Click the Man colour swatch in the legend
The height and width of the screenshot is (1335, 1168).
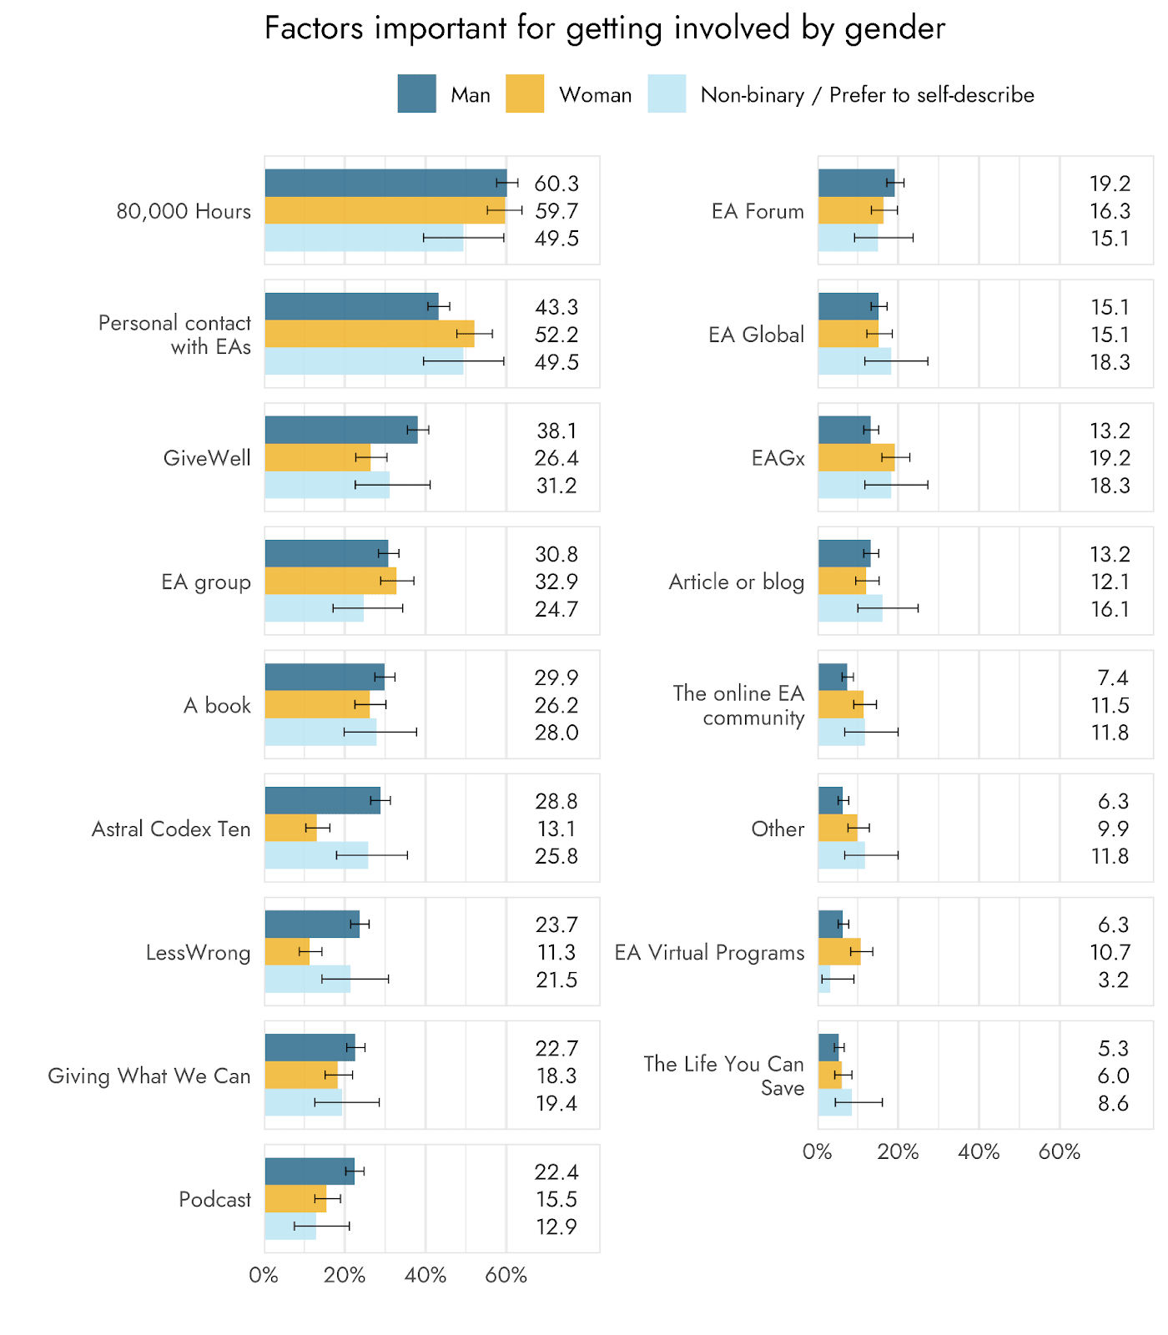click(416, 93)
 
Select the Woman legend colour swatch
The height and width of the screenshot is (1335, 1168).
click(525, 93)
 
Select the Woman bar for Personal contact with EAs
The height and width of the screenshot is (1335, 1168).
click(370, 334)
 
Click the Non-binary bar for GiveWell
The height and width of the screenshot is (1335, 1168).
click(327, 485)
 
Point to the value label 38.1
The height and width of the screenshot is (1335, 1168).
click(556, 431)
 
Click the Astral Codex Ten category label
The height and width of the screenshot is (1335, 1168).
click(171, 829)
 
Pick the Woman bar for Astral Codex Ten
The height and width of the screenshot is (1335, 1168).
click(290, 828)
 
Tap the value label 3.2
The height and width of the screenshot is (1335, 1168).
click(1113, 980)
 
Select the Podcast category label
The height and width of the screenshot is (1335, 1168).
click(214, 1199)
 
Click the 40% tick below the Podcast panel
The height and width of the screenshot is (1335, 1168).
click(425, 1275)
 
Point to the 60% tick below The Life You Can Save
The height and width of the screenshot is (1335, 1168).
click(1060, 1151)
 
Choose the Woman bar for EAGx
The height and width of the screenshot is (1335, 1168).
click(856, 457)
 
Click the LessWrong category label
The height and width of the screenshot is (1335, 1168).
click(198, 952)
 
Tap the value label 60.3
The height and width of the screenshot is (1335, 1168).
click(556, 184)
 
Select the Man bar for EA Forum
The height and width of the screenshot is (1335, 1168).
click(856, 183)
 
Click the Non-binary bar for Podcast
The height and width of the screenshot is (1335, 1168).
click(290, 1226)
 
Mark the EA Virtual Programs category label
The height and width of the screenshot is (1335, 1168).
click(709, 952)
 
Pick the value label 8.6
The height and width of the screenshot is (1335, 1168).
click(1113, 1103)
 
